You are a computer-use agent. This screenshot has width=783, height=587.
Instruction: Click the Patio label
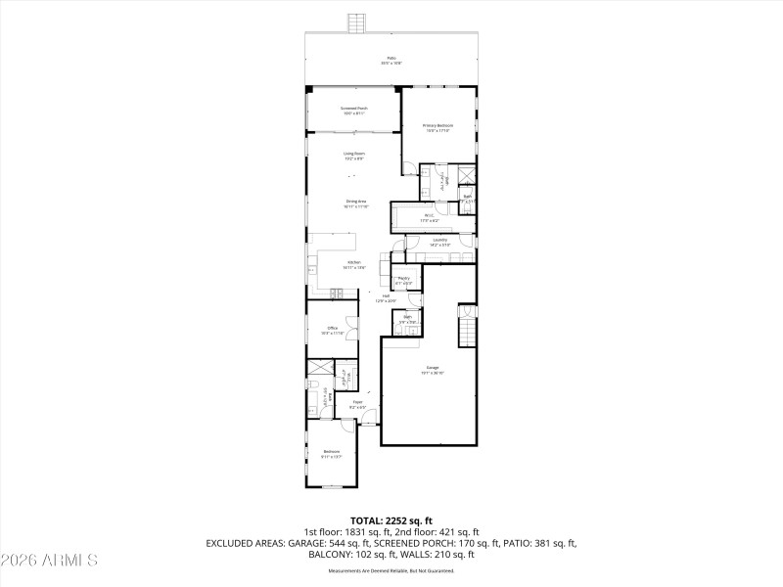point(391,58)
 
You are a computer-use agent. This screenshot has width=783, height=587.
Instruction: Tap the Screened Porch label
point(353,108)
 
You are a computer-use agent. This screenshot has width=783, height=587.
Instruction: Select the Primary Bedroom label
point(438,125)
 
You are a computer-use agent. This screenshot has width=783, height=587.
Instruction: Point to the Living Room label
point(353,154)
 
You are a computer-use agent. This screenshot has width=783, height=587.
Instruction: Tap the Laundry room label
point(439,240)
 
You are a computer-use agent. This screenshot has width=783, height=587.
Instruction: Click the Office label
point(333,328)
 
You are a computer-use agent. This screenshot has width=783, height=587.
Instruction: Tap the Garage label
point(433,369)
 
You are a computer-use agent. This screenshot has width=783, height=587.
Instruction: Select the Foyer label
point(358,402)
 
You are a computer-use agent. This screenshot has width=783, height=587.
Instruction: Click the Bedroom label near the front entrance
point(332,451)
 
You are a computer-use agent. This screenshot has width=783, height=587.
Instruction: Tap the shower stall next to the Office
point(320,370)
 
